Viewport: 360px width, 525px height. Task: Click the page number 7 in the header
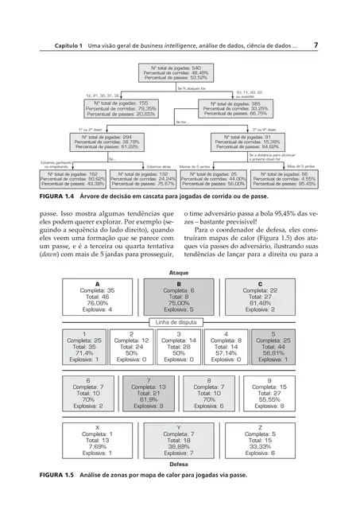pyautogui.click(x=316, y=45)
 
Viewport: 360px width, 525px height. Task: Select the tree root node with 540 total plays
pyautogui.click(x=179, y=74)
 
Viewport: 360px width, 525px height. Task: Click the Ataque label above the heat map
pyautogui.click(x=179, y=273)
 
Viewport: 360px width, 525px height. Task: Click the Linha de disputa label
pyautogui.click(x=179, y=321)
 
